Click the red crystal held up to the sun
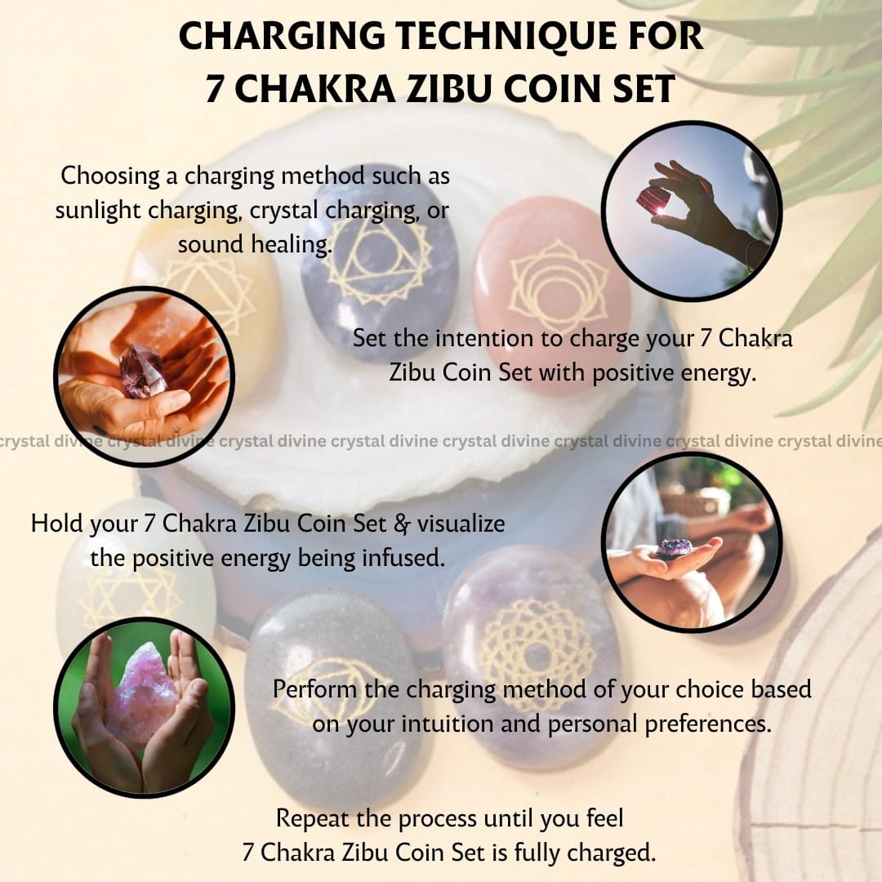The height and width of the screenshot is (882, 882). pos(652,201)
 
